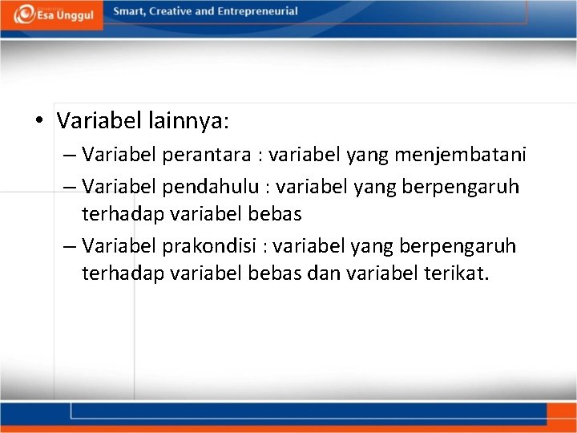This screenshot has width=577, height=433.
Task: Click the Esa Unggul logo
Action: (52, 14)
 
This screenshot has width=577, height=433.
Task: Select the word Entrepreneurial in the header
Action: (258, 11)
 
